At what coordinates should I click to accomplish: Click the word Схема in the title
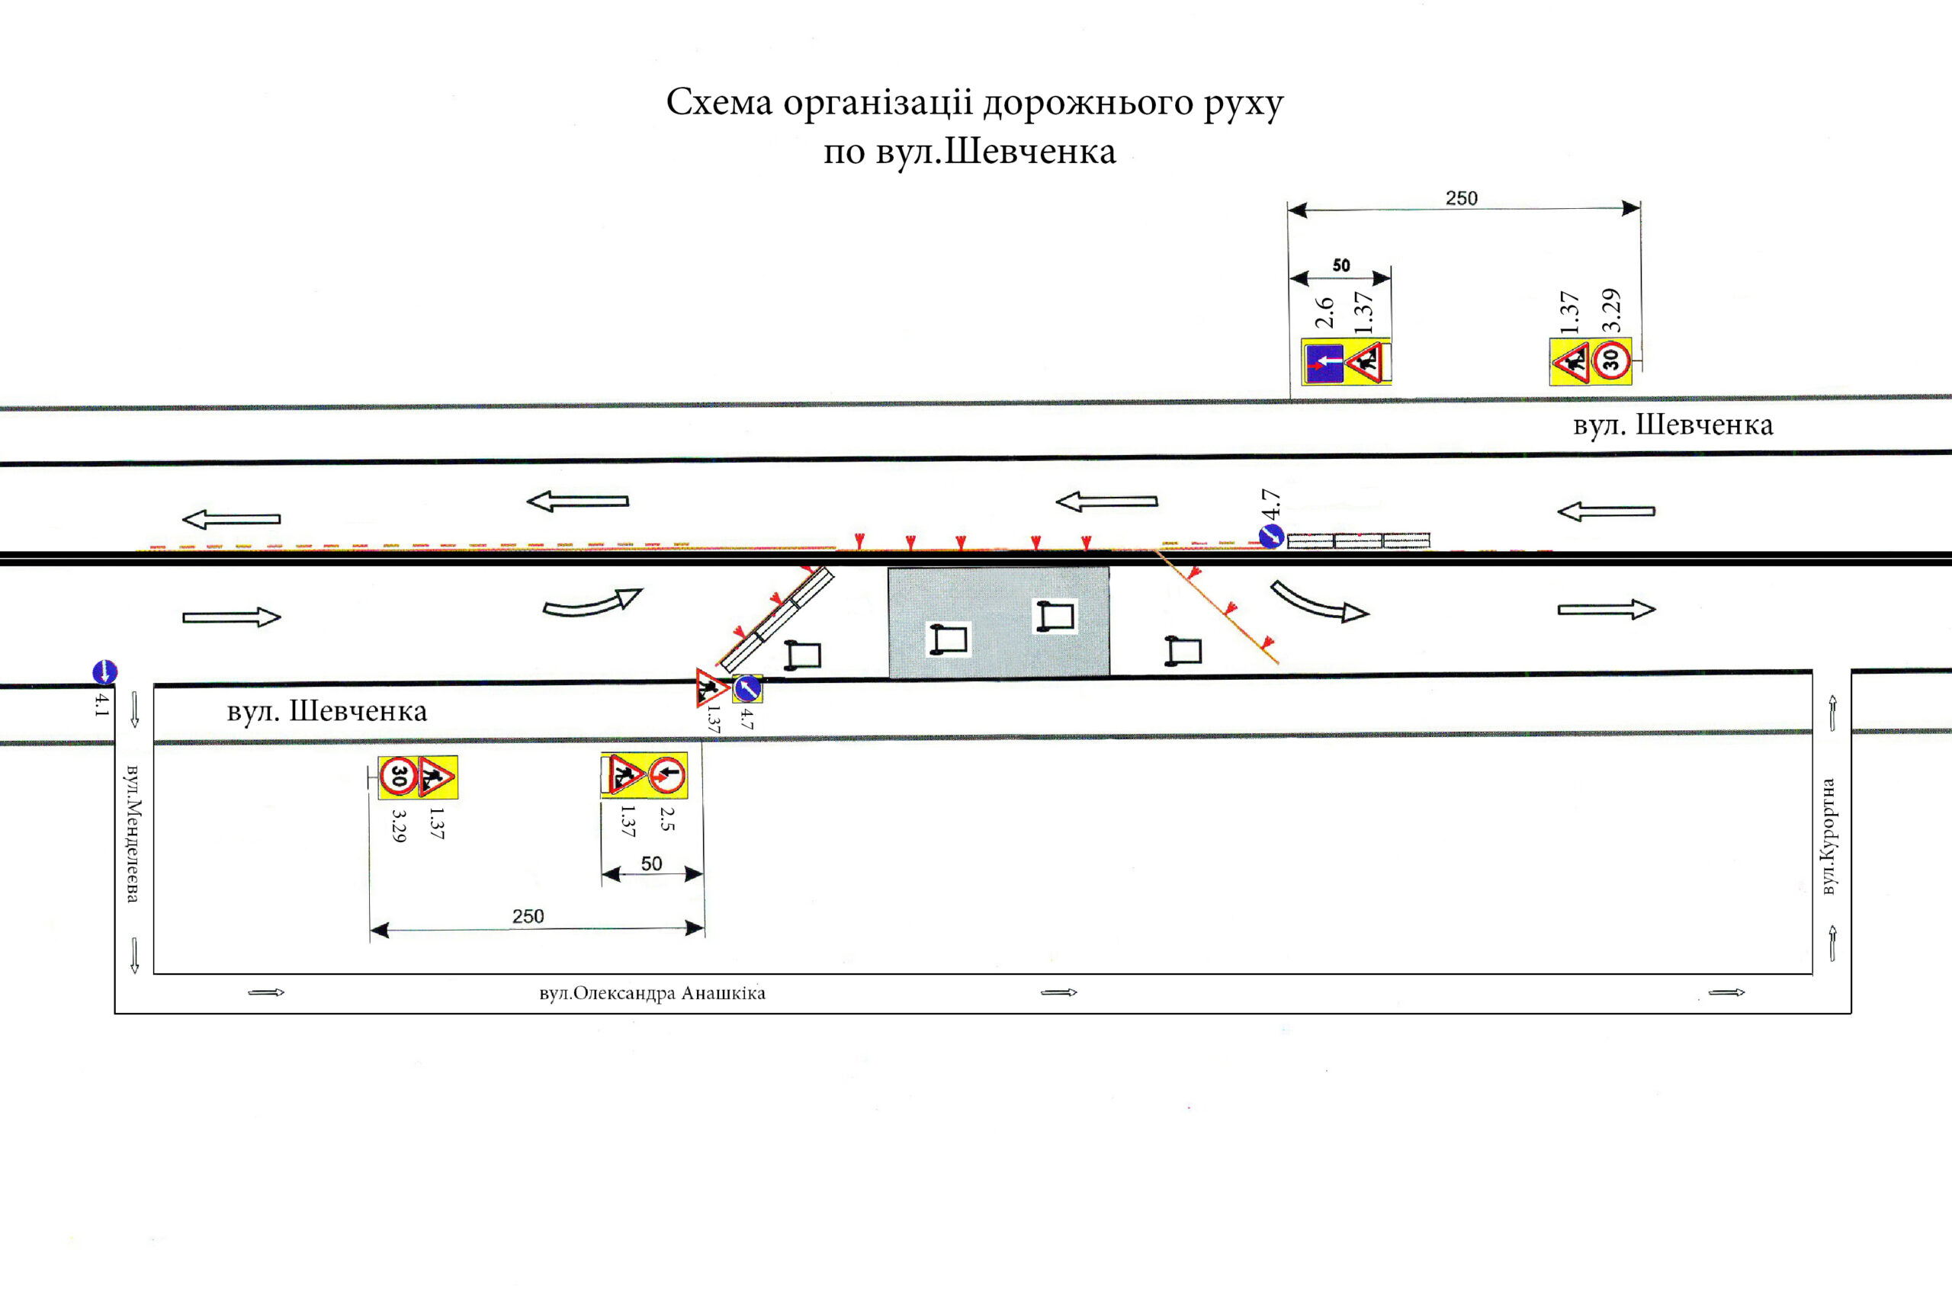(x=719, y=102)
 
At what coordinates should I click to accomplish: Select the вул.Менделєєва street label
(x=132, y=834)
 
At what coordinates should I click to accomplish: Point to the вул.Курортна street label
(x=1828, y=836)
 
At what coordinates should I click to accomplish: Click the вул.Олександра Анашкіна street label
(x=653, y=993)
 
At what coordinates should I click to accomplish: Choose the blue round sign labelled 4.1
(x=104, y=671)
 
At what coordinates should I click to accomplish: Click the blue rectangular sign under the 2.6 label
(x=1324, y=363)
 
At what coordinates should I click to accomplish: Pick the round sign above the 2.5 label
(x=666, y=776)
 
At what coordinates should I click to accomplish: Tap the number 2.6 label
(x=1324, y=312)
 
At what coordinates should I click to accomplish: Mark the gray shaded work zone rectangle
(x=998, y=622)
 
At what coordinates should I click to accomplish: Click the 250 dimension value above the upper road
(x=1462, y=198)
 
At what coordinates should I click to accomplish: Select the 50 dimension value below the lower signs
(x=651, y=864)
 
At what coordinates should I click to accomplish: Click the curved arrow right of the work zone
(x=1320, y=603)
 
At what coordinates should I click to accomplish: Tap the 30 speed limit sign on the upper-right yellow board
(x=1611, y=360)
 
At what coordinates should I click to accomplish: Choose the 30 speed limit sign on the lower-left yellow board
(x=398, y=777)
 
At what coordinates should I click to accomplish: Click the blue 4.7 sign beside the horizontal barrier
(x=1271, y=537)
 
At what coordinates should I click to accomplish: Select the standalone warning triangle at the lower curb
(x=711, y=687)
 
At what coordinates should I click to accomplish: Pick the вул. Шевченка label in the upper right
(x=1673, y=425)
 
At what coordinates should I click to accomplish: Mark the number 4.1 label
(x=102, y=703)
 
